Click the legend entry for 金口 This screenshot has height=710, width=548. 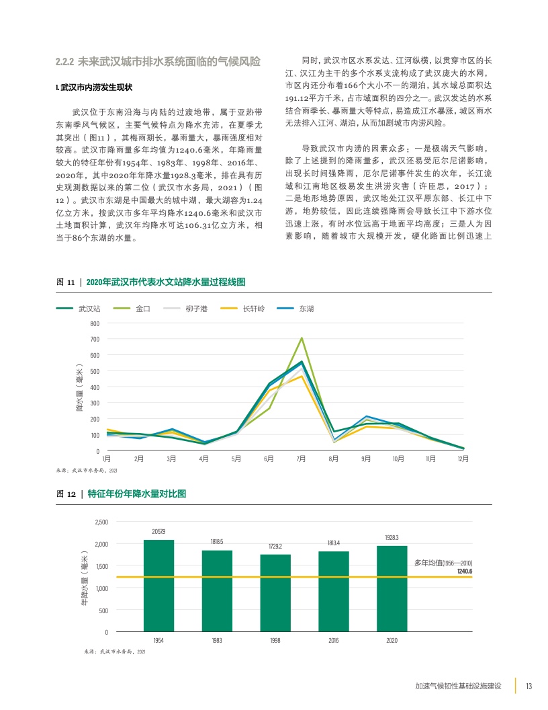(142, 309)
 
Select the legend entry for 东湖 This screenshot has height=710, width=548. (306, 309)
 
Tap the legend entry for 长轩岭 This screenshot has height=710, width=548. (254, 309)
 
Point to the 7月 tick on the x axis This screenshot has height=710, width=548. (301, 459)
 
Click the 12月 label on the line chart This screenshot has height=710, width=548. (463, 459)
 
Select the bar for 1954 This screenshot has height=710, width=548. (158, 586)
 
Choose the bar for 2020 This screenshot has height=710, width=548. (392, 588)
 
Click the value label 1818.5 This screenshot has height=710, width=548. (217, 541)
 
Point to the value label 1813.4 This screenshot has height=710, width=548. (334, 543)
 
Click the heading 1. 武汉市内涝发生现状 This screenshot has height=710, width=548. (94, 87)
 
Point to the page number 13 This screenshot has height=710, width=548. (529, 686)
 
